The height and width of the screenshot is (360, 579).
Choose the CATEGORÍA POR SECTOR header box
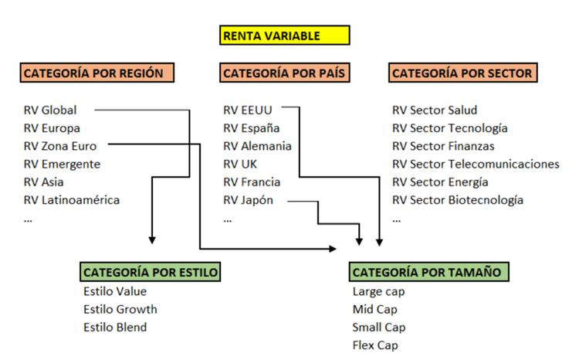[x=463, y=73]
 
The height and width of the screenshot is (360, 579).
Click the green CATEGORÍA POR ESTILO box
[x=151, y=272]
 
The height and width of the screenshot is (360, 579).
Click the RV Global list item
[x=50, y=110]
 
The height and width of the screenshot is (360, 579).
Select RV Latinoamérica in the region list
[x=72, y=200]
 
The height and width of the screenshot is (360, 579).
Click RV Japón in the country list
[x=248, y=200]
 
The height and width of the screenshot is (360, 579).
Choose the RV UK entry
[x=240, y=164]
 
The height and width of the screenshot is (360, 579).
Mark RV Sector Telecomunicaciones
[x=476, y=164]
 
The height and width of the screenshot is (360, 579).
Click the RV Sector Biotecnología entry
[x=458, y=200]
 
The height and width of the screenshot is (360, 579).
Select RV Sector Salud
[x=435, y=110]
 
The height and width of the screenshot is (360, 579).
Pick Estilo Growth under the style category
[x=120, y=309]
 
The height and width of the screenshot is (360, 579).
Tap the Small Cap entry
[x=379, y=327]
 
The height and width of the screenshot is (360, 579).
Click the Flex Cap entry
[x=376, y=345]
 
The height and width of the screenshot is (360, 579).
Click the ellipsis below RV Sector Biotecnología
[x=397, y=219]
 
